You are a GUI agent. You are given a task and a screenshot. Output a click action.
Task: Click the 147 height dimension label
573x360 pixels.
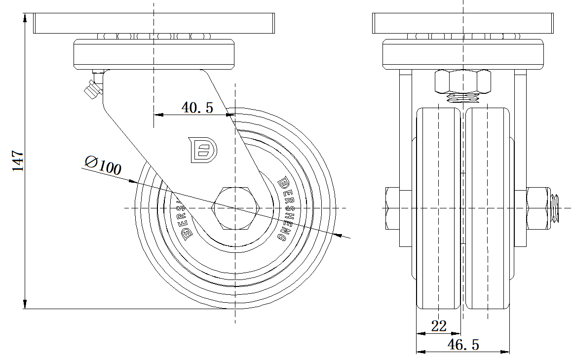[18, 160]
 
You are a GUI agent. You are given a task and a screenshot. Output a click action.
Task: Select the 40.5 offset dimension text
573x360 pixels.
[197, 107]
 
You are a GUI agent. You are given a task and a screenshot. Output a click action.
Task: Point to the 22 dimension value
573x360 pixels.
[439, 325]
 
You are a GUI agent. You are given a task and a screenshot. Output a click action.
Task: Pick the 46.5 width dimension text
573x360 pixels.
[462, 345]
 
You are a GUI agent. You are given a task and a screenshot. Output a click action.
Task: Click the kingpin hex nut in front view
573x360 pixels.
[463, 81]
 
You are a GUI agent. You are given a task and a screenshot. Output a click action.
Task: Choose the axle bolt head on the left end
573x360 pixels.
[393, 207]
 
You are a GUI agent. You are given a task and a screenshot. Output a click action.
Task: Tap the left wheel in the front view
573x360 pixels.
[438, 207]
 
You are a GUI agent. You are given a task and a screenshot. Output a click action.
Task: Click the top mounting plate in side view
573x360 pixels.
[153, 23]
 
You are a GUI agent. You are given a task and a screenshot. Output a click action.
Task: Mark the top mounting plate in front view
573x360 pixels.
[462, 23]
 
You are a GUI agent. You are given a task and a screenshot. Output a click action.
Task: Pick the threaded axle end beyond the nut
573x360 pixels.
[555, 207]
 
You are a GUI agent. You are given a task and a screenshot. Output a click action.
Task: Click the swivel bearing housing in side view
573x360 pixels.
[153, 54]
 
